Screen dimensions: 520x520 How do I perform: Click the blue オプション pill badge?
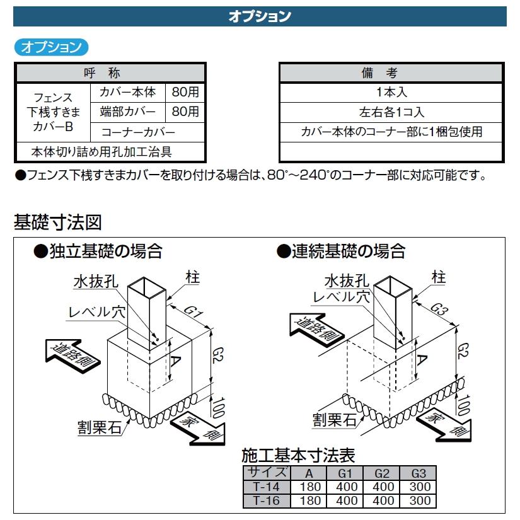[x=51, y=47]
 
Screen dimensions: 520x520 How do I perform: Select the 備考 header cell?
[x=392, y=73]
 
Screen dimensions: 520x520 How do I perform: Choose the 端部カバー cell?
[x=127, y=112]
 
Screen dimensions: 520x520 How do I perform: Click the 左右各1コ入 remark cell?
[x=392, y=112]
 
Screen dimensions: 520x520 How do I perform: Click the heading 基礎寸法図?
[x=57, y=222]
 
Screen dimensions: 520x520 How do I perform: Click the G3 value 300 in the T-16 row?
[x=420, y=500]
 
